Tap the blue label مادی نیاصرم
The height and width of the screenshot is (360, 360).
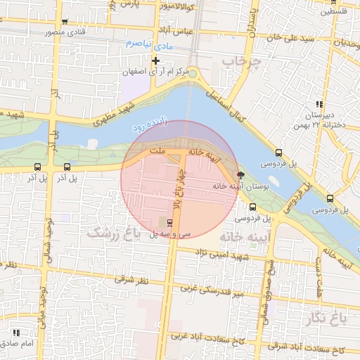pyautogui.click(x=149, y=44)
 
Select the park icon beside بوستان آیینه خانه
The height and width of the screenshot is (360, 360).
pyautogui.click(x=242, y=175)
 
